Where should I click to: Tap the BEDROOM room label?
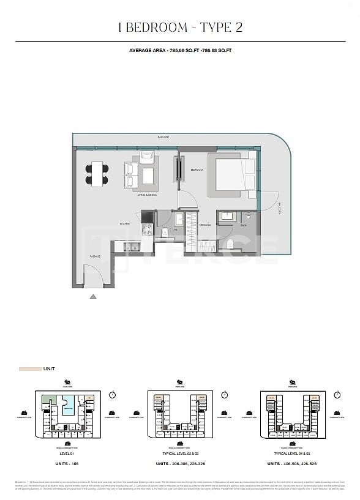click(197, 170)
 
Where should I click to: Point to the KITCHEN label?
click(124, 224)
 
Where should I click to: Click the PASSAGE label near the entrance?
click(95, 256)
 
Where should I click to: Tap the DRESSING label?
click(204, 225)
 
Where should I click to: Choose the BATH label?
click(244, 225)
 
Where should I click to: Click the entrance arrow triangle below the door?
click(93, 297)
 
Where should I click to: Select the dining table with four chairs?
click(97, 174)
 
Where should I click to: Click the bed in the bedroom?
click(230, 174)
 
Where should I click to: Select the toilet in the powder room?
click(166, 231)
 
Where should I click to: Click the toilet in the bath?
click(228, 245)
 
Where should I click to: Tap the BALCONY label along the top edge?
click(163, 137)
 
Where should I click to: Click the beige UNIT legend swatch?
click(29, 370)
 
